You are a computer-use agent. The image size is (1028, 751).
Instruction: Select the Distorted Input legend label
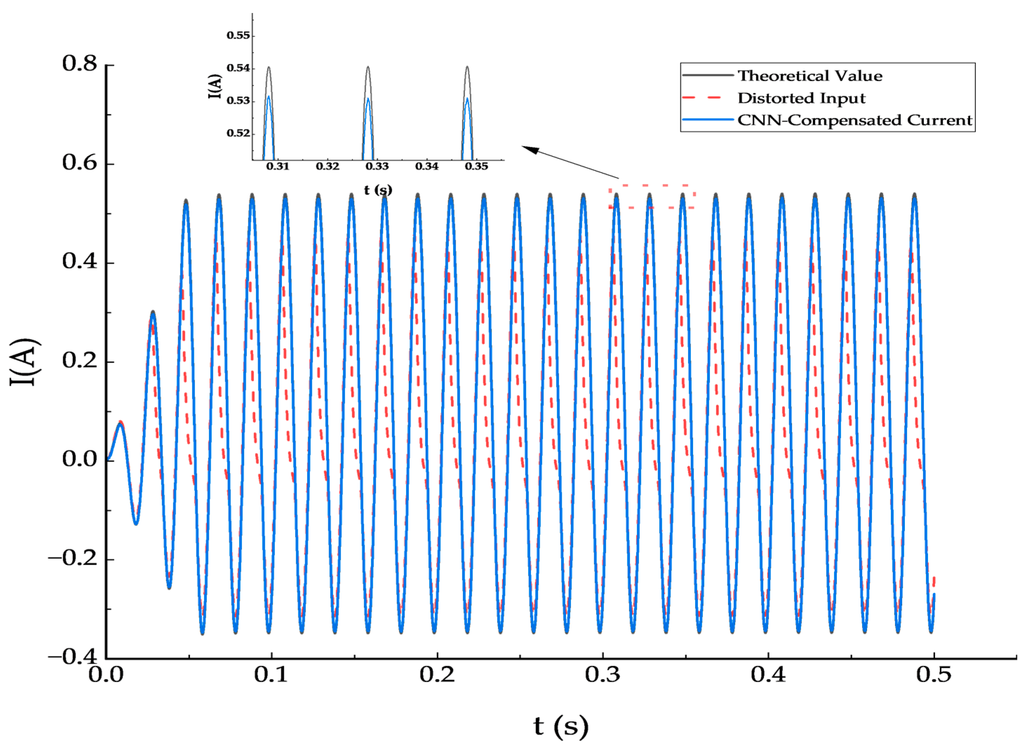801,98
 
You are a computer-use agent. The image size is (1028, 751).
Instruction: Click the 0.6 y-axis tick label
80,163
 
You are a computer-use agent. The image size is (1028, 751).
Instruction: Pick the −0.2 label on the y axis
73,558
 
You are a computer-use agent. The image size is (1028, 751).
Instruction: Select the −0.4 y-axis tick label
73,657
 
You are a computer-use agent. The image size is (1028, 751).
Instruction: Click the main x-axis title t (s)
560,726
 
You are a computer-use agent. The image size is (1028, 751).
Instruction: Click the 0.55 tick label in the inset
238,35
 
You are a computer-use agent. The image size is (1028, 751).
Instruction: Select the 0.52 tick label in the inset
238,134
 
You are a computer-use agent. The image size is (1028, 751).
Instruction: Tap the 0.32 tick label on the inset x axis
327,167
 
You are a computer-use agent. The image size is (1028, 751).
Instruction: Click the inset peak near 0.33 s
368,68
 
